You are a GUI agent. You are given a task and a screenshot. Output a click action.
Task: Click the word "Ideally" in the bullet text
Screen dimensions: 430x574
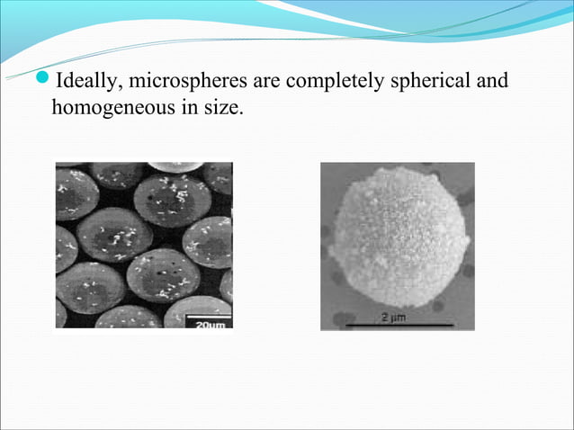[x=88, y=83]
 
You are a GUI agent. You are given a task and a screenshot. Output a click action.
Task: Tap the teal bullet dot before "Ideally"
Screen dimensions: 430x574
[x=46, y=83]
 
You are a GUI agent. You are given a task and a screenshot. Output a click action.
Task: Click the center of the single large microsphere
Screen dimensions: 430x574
[x=397, y=236]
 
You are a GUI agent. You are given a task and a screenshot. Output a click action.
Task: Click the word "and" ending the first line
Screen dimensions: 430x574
[x=492, y=83]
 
